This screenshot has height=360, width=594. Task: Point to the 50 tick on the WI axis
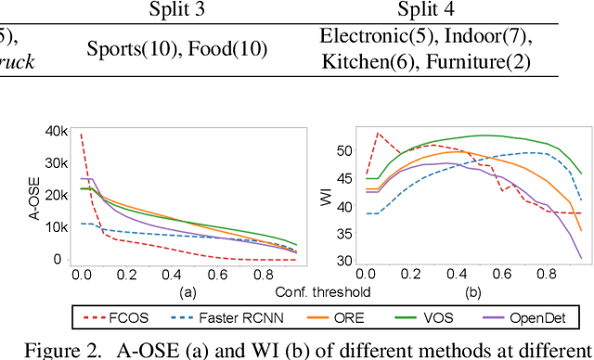tap(345, 150)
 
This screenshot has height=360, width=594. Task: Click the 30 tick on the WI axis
tap(345, 261)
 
